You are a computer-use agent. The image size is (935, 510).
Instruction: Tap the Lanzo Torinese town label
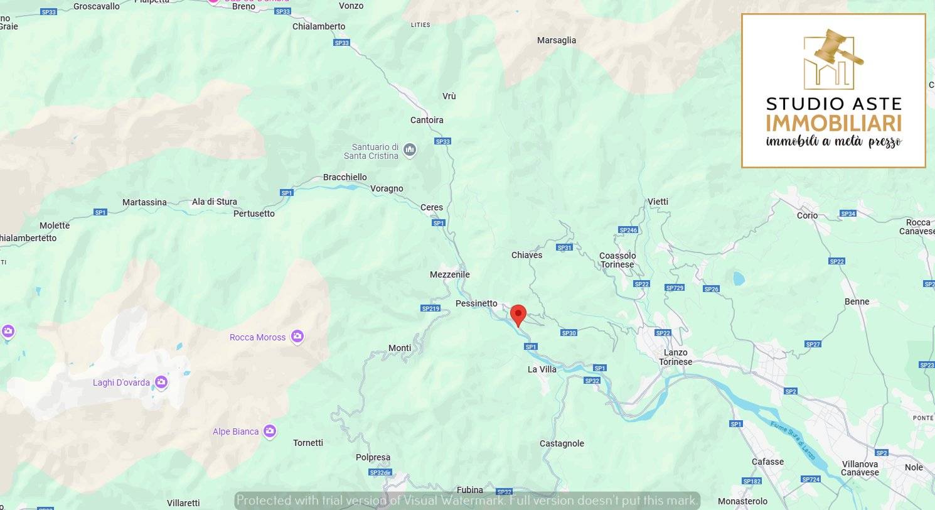click(x=675, y=357)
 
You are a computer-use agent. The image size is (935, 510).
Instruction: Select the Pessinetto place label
click(x=476, y=303)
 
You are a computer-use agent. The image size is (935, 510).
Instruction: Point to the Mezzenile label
click(x=449, y=274)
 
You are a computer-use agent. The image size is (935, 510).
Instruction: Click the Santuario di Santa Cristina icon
click(x=410, y=149)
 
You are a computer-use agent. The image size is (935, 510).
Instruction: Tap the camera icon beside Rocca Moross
click(x=297, y=337)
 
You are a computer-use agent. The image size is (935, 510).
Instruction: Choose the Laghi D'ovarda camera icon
click(x=161, y=382)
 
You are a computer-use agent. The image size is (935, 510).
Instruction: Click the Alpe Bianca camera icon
click(x=270, y=431)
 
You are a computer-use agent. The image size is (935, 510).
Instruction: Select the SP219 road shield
click(x=430, y=308)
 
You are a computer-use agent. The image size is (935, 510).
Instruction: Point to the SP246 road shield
click(x=628, y=230)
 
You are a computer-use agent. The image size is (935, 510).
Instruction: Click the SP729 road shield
click(x=674, y=288)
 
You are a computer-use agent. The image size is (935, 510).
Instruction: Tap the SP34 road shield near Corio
click(x=848, y=214)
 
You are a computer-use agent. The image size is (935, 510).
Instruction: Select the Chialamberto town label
click(x=319, y=26)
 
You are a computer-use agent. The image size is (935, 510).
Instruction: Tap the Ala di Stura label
click(x=215, y=202)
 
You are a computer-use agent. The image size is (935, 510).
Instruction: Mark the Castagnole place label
click(x=562, y=443)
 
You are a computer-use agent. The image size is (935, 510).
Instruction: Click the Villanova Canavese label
click(x=860, y=468)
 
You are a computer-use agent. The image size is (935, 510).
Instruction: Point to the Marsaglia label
click(x=557, y=40)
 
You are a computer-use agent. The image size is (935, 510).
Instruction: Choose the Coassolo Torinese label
click(x=617, y=260)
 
